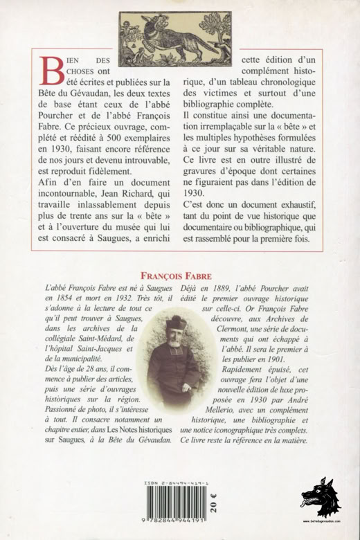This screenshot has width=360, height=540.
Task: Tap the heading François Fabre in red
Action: pyautogui.click(x=180, y=273)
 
